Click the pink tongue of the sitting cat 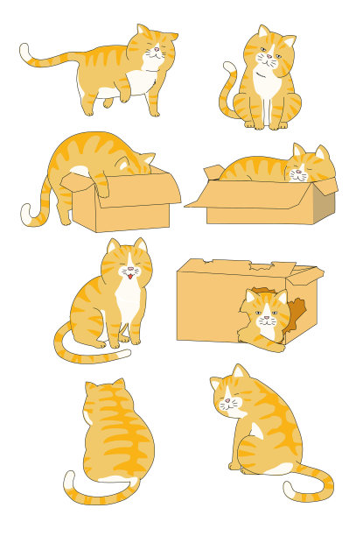tap(129, 276)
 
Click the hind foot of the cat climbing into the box tap(65, 218)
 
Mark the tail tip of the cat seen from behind tap(68, 478)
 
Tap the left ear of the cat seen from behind tap(91, 386)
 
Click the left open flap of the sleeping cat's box tap(199, 196)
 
